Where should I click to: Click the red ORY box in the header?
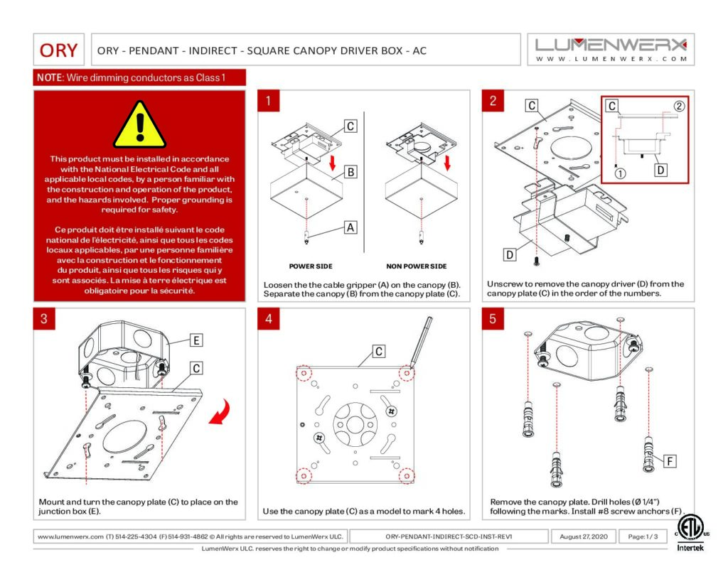pos(59,50)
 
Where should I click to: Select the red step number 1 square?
pos(268,101)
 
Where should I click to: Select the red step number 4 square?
pos(268,319)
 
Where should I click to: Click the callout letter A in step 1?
pos(349,227)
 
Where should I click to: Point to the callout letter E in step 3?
pos(196,340)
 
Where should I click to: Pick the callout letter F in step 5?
pos(669,461)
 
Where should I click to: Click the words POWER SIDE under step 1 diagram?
pos(310,266)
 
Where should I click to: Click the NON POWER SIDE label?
pos(416,266)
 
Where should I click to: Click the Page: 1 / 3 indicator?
pos(643,536)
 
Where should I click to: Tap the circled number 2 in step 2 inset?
pos(678,107)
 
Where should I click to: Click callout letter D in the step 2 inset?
pos(660,171)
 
